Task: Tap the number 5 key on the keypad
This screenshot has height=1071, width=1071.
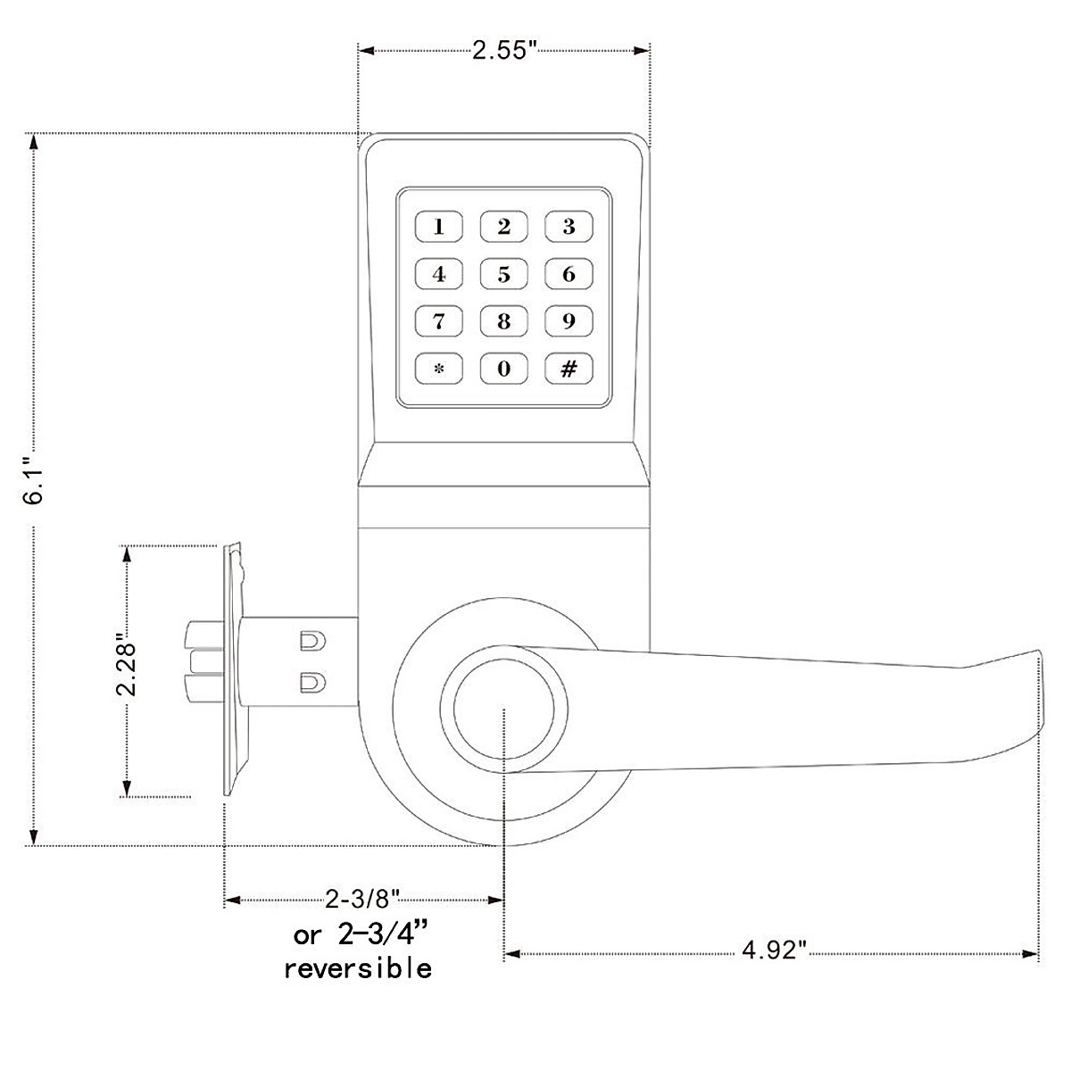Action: click(504, 274)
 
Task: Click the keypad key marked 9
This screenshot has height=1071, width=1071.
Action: click(569, 321)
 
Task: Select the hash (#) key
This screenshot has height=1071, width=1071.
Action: click(569, 369)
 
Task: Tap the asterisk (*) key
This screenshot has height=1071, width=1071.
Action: click(439, 369)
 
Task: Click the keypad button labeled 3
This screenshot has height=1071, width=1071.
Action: click(569, 227)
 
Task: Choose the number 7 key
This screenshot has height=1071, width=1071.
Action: click(439, 321)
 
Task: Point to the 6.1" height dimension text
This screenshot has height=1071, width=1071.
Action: click(34, 482)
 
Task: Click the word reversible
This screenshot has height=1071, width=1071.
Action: click(358, 967)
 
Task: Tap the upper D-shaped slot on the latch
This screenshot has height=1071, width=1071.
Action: click(310, 641)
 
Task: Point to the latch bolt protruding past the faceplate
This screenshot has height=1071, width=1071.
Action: click(202, 661)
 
